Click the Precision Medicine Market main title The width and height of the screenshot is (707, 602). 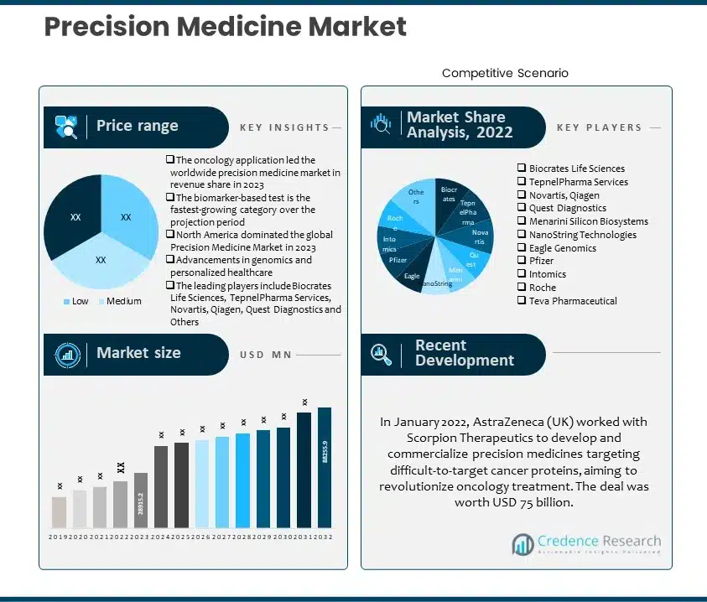[x=225, y=27]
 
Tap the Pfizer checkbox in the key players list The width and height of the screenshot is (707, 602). [x=521, y=261]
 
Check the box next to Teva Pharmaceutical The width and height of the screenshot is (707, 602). [x=521, y=301]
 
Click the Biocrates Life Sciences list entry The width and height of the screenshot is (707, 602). [x=576, y=169]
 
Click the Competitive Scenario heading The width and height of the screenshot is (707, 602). [x=505, y=74]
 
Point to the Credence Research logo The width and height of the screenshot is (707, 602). [x=586, y=544]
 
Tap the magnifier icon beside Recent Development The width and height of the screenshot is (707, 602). [x=382, y=353]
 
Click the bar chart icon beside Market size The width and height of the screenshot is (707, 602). [x=67, y=354]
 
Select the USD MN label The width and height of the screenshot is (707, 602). [x=265, y=355]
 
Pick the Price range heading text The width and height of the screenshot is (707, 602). [x=137, y=126]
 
